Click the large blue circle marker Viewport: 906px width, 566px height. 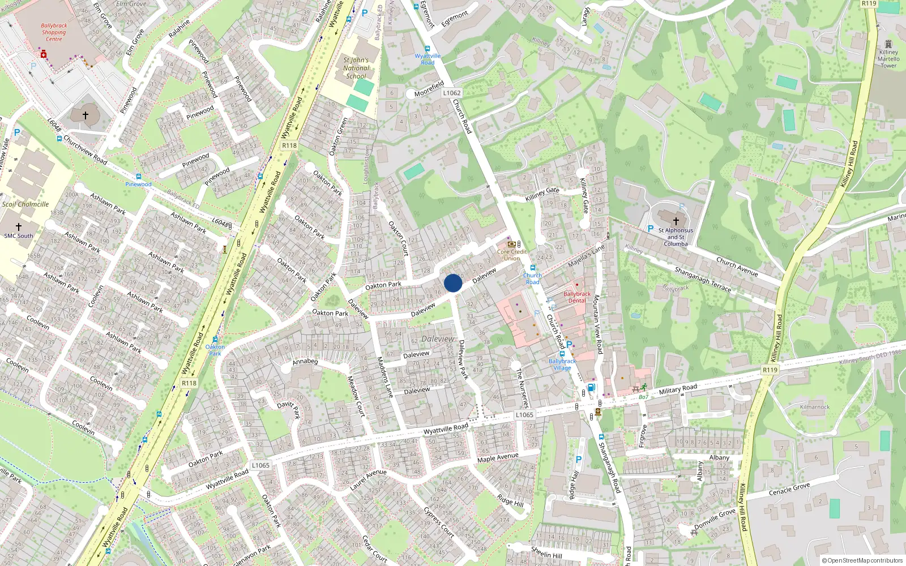(x=453, y=283)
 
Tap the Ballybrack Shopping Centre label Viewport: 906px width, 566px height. (x=54, y=32)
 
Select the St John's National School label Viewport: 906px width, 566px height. (x=356, y=68)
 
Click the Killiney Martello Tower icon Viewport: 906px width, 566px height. (x=888, y=44)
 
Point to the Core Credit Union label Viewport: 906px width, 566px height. (x=512, y=255)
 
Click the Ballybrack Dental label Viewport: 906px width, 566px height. (x=577, y=297)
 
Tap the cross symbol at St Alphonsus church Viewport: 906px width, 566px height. (x=676, y=221)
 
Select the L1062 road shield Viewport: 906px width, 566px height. (x=452, y=93)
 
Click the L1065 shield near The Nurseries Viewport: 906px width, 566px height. (x=524, y=415)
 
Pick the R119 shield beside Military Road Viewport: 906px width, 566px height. (x=770, y=370)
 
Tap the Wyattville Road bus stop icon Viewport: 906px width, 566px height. (x=428, y=49)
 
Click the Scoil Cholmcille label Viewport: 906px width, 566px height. (x=25, y=204)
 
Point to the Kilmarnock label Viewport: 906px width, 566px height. (x=815, y=407)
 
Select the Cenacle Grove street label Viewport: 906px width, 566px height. (x=789, y=489)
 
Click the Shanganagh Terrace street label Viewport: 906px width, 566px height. (x=703, y=280)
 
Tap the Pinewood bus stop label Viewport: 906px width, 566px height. (x=139, y=184)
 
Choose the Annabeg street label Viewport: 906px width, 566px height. (x=305, y=361)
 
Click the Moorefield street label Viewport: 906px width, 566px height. (x=429, y=89)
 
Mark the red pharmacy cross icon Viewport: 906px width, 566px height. (x=43, y=54)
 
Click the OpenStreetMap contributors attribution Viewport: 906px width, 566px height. (x=862, y=560)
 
